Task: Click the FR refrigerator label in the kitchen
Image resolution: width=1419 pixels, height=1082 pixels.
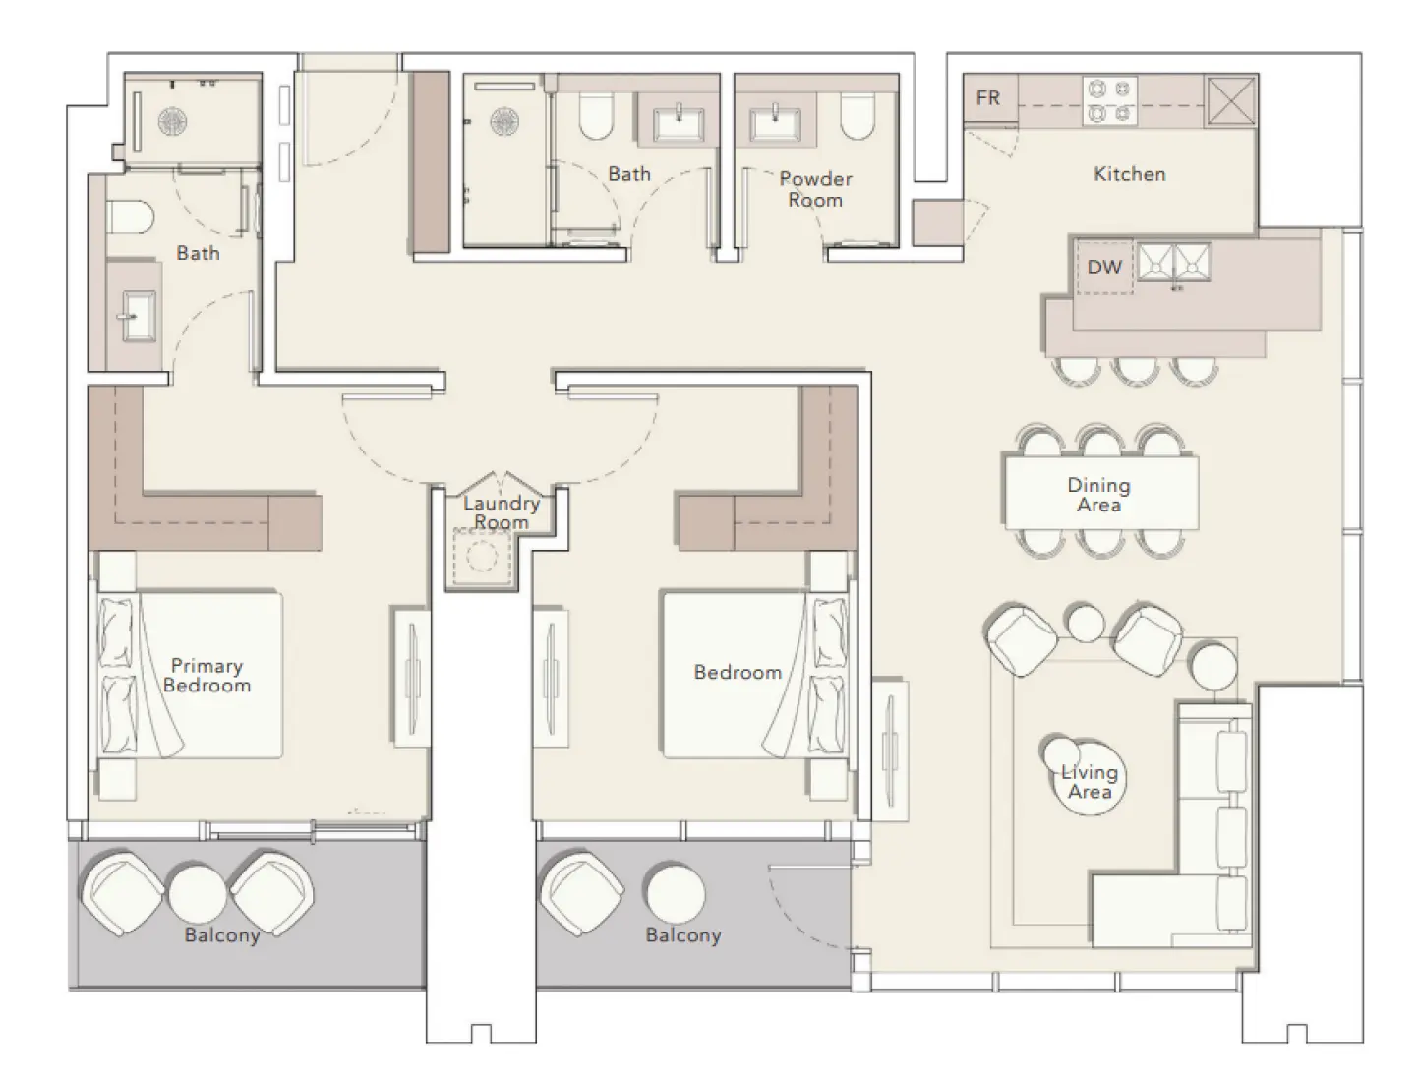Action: (988, 98)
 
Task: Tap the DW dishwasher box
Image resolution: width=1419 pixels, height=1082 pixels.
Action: (1104, 267)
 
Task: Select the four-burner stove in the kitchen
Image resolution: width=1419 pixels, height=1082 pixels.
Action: (1109, 101)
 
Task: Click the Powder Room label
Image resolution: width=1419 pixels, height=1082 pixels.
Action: (815, 189)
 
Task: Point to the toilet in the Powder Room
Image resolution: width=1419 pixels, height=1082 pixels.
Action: (857, 117)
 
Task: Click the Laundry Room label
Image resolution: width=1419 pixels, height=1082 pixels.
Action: (502, 512)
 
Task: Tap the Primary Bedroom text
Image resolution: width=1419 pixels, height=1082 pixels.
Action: (207, 676)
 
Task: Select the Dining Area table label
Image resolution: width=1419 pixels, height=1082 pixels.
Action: (1098, 495)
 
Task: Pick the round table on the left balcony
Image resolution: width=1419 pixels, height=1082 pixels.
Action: (197, 893)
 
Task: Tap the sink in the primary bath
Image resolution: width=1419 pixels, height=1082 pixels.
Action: (134, 316)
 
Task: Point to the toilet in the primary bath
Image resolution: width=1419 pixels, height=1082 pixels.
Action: (130, 215)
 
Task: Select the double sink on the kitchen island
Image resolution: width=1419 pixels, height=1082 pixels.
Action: (1174, 264)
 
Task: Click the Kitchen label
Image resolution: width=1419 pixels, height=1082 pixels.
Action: (1129, 174)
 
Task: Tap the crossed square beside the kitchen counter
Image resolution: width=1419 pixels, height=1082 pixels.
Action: (1231, 100)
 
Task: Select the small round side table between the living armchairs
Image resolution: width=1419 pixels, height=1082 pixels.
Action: (1087, 622)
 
